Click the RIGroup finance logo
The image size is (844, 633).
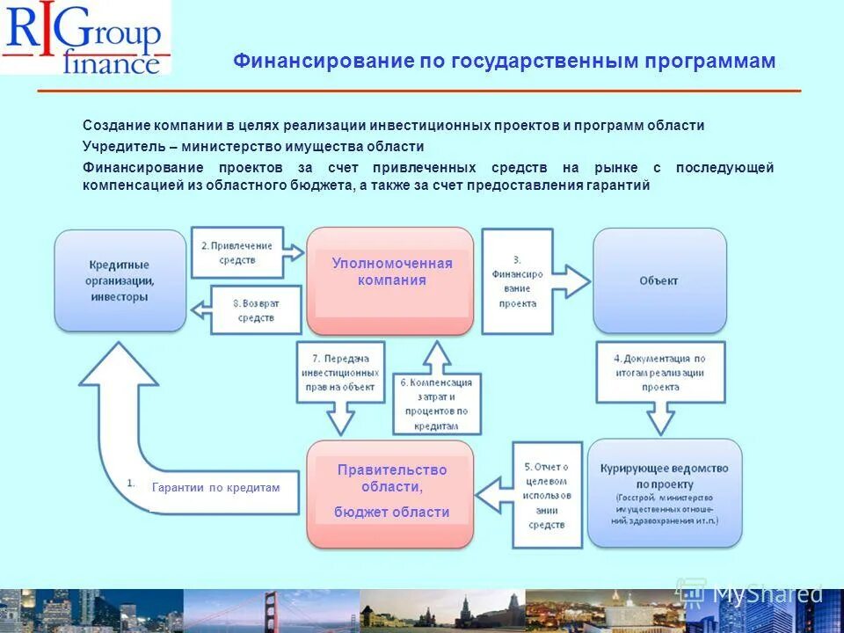click(85, 38)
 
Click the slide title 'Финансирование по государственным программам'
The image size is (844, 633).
click(504, 62)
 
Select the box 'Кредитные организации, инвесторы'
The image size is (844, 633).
click(120, 280)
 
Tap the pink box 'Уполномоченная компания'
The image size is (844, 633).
click(391, 280)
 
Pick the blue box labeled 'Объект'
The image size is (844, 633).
click(658, 280)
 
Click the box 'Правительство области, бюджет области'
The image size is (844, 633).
click(391, 493)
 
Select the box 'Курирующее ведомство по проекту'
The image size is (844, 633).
click(665, 493)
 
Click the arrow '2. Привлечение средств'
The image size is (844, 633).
click(243, 253)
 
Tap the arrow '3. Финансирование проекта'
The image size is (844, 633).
click(527, 281)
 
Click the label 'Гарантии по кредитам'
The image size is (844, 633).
click(215, 487)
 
